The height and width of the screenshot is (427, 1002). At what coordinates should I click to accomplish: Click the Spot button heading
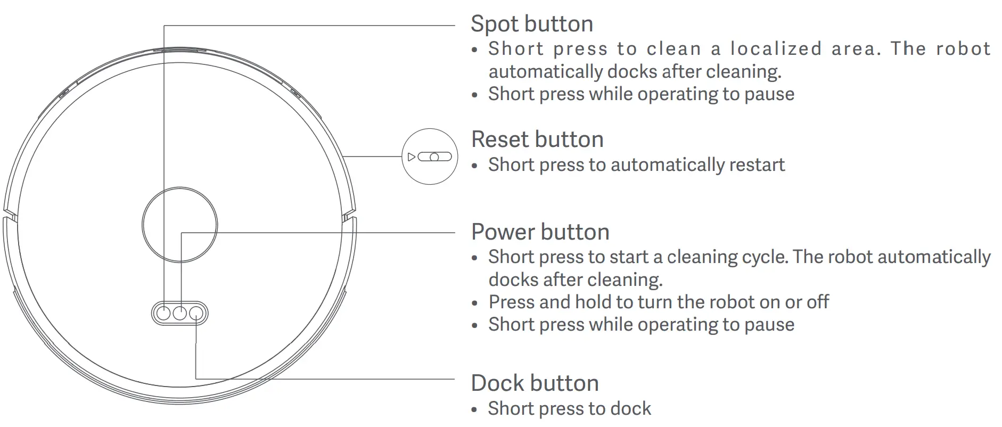[x=531, y=24]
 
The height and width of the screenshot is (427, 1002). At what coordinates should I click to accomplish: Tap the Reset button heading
[x=537, y=139]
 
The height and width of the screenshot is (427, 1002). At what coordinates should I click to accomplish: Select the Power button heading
[x=540, y=232]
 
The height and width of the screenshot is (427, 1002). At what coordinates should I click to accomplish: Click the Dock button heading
[x=535, y=383]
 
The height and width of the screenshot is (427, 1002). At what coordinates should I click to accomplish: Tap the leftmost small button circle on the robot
[x=163, y=313]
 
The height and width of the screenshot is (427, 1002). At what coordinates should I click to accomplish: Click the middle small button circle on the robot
[x=180, y=313]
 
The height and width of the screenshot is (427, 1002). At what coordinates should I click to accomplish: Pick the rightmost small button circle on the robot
[x=196, y=313]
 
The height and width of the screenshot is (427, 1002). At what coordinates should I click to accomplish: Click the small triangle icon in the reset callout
[x=411, y=157]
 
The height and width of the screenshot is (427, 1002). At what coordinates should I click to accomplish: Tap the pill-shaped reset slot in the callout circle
[x=434, y=157]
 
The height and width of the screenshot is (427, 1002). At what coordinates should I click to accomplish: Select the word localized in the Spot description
[x=776, y=49]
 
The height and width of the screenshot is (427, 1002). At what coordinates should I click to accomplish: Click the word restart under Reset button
[x=757, y=165]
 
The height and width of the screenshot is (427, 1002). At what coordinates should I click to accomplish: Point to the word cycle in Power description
[x=763, y=257]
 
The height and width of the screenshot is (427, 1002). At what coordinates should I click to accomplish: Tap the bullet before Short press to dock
[x=475, y=410]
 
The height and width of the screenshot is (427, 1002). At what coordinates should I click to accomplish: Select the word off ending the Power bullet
[x=817, y=302]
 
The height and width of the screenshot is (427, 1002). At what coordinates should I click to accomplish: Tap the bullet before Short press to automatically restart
[x=475, y=166]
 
